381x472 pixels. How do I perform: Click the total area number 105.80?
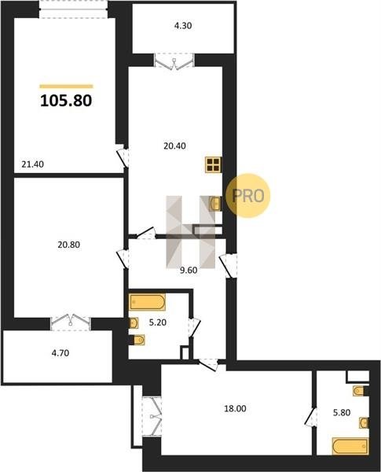coord(66,101)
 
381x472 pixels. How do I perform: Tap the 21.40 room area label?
coord(32,164)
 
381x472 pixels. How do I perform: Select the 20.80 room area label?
coord(69,245)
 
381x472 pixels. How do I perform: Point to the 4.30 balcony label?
coord(183,26)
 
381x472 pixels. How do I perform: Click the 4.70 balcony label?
coord(60,352)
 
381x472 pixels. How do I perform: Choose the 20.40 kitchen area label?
coord(174,146)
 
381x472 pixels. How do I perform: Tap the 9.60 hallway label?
coord(189,271)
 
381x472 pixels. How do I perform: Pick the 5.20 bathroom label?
coord(158,323)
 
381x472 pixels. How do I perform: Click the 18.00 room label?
coord(235,408)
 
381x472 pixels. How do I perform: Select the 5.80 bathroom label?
coord(342,412)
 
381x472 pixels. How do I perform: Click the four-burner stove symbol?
coord(214,165)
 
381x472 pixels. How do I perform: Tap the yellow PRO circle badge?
coord(247,196)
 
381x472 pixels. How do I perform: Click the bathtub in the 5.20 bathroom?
coord(148,302)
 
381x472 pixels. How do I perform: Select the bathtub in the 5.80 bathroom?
coord(350,446)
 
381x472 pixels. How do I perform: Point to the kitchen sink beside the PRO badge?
coord(215,204)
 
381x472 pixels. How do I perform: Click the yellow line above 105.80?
coord(66,87)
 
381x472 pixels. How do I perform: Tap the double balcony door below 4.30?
coord(174,61)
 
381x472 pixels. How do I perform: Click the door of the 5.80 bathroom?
coord(310,417)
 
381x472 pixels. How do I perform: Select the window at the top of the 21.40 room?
coord(73,9)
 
